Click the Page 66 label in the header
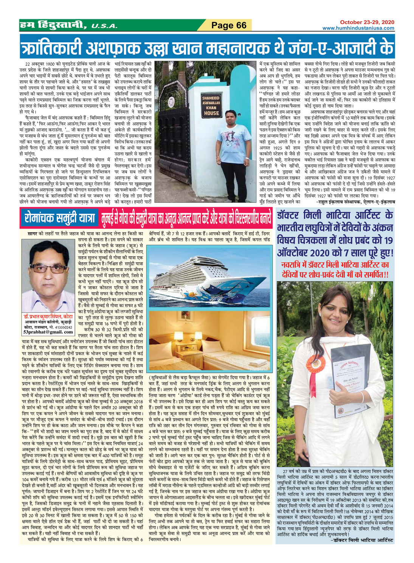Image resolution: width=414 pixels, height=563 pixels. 229,25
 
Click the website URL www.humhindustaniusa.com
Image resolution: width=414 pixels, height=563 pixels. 358,28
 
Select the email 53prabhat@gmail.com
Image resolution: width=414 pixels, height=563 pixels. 48,332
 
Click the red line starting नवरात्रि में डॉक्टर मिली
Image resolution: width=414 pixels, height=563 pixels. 335,264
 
